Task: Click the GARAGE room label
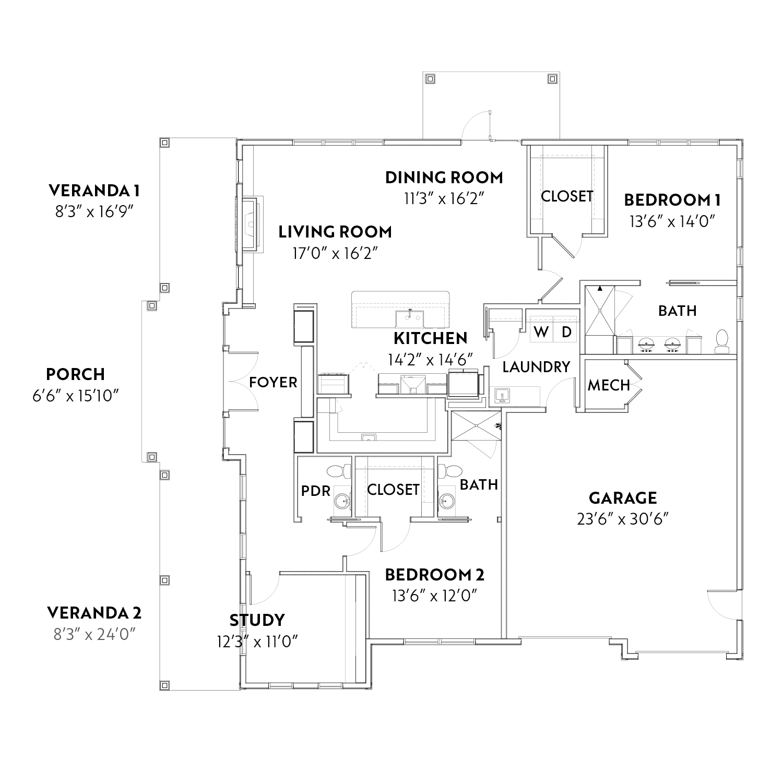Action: point(622,498)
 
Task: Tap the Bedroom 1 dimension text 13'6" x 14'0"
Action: point(671,221)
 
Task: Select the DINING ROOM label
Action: point(444,177)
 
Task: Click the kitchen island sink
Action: point(410,318)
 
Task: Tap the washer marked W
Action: point(541,332)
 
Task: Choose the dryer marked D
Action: point(565,332)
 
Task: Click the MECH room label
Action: point(609,385)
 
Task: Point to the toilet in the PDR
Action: point(339,471)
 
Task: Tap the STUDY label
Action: point(257,620)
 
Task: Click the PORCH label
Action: point(76,374)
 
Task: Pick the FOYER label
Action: point(273,383)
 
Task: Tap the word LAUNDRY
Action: point(536,367)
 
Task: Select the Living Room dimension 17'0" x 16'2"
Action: point(335,254)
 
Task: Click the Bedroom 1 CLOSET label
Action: point(567,196)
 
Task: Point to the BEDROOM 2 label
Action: point(435,575)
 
